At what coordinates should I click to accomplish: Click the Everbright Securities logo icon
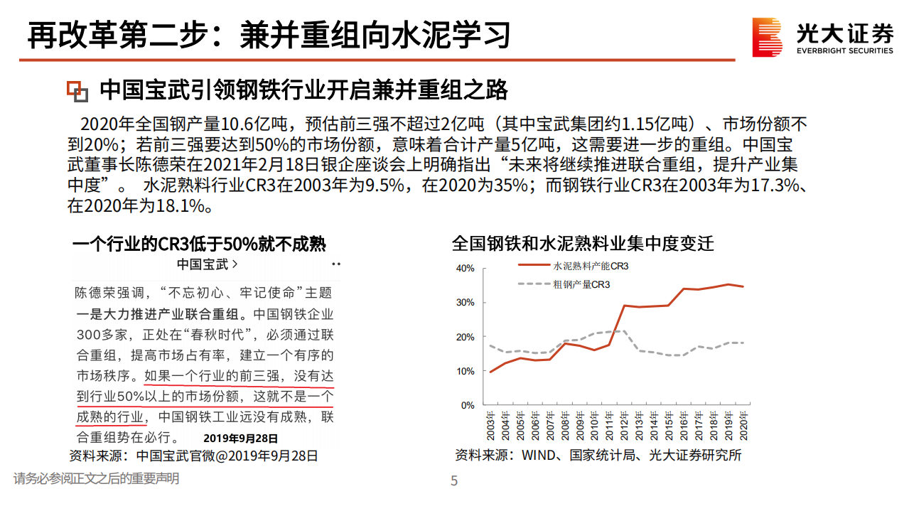click(x=768, y=37)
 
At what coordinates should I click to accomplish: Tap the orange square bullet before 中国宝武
click(x=77, y=91)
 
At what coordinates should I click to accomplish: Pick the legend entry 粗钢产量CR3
click(x=581, y=284)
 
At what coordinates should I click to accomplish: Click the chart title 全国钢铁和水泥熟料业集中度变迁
click(x=583, y=244)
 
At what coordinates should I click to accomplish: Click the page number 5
click(x=454, y=481)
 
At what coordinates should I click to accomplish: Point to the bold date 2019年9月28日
click(x=240, y=439)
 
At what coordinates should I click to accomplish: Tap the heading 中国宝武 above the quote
click(x=207, y=264)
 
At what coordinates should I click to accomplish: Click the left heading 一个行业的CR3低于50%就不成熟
click(x=199, y=244)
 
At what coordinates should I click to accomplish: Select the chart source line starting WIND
click(x=598, y=455)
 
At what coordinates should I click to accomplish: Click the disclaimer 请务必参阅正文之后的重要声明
click(x=96, y=478)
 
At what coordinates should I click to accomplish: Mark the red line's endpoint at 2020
click(x=743, y=286)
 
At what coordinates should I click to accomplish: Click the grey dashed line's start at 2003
click(x=490, y=345)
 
